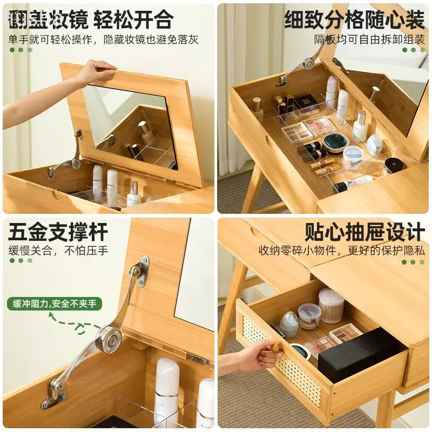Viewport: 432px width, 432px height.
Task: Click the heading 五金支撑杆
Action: [x=58, y=232]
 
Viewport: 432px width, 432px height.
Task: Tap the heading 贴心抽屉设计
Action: [x=364, y=232]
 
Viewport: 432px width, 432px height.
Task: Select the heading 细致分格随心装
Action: [x=354, y=20]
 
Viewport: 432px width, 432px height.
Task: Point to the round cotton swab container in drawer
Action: [x=331, y=306]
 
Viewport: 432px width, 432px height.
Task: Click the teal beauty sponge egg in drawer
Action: [x=289, y=324]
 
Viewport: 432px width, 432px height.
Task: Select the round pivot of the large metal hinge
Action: [x=112, y=340]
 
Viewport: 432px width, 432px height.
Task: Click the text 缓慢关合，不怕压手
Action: [x=58, y=251]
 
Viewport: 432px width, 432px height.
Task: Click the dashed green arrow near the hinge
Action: [x=73, y=322]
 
